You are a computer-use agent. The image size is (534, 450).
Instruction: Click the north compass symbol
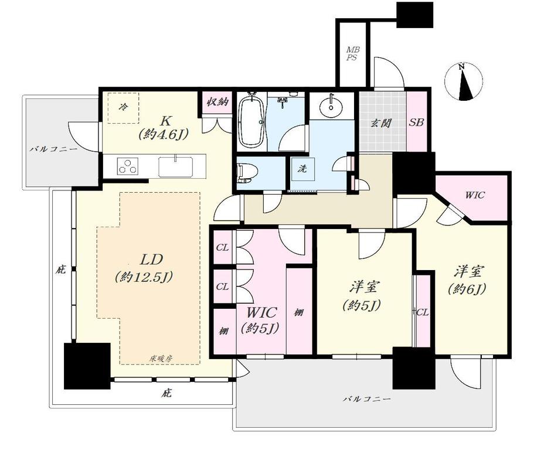pos(464,82)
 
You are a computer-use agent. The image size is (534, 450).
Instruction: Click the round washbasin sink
pos(331,106)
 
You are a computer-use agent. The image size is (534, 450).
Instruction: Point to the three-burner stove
pos(128,166)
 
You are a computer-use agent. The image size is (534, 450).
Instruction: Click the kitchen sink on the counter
pos(176,166)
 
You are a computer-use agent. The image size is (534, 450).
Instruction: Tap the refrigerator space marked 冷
pos(124,108)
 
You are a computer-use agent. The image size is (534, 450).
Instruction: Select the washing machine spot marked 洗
pos(302,169)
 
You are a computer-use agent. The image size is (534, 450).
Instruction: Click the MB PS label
pos(352,54)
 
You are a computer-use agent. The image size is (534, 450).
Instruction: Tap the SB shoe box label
pos(416,122)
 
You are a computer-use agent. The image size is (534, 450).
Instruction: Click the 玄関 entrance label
pos(381,123)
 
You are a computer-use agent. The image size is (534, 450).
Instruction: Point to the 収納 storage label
pos(217,101)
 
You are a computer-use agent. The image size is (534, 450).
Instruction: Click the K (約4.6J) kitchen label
pos(164,128)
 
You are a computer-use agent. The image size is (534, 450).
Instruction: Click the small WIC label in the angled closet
pos(475,195)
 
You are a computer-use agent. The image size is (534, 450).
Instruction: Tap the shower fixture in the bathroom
pos(283,101)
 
